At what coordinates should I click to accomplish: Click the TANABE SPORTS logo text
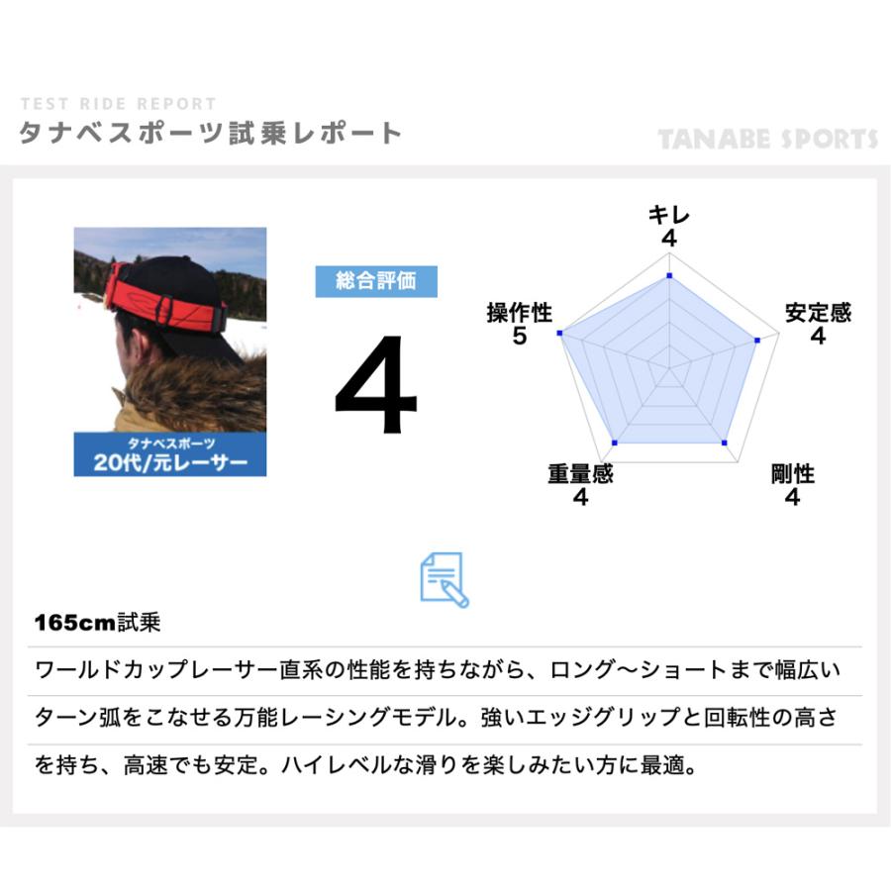768,139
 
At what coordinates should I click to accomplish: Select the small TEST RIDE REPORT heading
118,104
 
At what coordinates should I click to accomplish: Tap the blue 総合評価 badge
375,281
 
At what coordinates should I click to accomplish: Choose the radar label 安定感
818,314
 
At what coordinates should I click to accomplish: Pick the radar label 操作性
519,314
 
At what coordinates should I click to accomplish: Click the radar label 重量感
580,474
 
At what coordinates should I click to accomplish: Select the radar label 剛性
792,474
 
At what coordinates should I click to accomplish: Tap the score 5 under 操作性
519,338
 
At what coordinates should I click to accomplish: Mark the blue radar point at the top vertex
669,276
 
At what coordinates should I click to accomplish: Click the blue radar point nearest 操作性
560,335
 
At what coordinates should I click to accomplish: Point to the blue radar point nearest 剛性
725,442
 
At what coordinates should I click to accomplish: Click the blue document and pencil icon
445,579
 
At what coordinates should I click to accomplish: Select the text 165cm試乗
96,625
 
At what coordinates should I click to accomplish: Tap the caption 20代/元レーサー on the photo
170,462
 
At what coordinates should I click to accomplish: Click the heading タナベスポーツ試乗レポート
210,134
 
